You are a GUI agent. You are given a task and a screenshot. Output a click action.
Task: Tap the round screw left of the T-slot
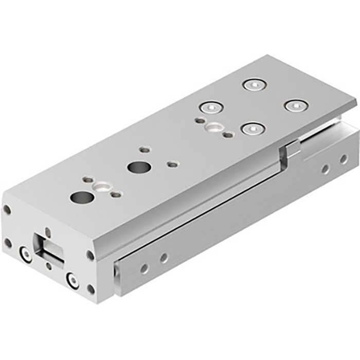point(25,252)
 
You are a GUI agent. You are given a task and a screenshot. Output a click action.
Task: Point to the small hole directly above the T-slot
point(47,231)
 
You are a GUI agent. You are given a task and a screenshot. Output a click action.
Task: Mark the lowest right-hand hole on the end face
point(91,289)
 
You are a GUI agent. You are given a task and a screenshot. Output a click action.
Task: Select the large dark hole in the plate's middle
point(137,167)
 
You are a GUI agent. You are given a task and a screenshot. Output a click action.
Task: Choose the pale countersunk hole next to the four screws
point(212,127)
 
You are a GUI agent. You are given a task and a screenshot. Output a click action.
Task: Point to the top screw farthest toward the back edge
point(253,84)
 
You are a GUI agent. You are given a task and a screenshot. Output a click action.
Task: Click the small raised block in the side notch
point(291,150)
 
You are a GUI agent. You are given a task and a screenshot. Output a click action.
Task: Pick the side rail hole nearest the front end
point(145,268)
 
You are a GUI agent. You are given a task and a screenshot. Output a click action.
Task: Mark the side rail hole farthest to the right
point(343,159)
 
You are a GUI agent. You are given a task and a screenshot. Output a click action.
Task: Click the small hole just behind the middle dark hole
point(145,150)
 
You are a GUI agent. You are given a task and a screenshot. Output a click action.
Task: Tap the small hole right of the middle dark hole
point(173,165)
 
